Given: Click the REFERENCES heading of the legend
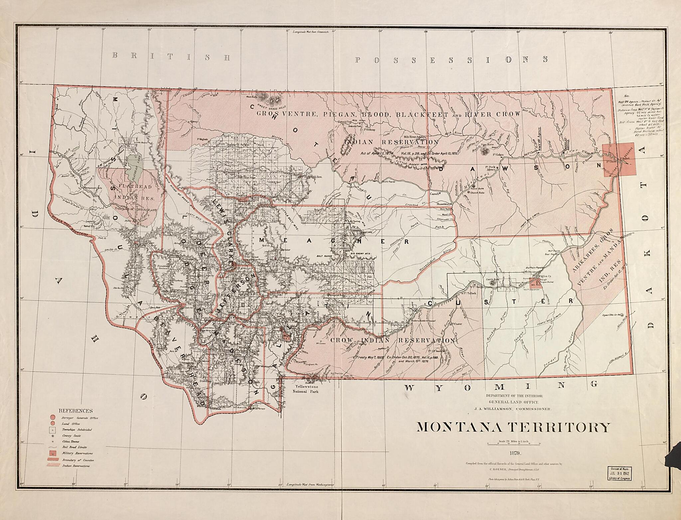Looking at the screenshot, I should pyautogui.click(x=75, y=411).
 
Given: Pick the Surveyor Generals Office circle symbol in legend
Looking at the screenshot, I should pyautogui.click(x=52, y=417).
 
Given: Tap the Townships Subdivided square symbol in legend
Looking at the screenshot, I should pyautogui.click(x=52, y=429).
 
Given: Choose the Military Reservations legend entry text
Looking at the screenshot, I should pyautogui.click(x=77, y=453).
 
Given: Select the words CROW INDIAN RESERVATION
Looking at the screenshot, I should pyautogui.click(x=392, y=341).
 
